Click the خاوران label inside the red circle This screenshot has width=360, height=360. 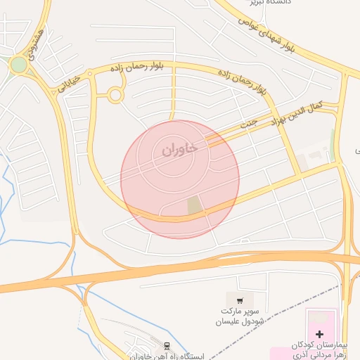[x=179, y=149]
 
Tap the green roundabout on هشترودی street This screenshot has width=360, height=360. [x=18, y=65]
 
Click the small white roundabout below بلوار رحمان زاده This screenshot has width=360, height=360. [x=115, y=95]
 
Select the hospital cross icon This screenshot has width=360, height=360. [x=319, y=333]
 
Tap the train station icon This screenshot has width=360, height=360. [x=167, y=346]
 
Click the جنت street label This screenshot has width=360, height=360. [x=248, y=122]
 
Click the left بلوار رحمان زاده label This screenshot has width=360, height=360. [x=138, y=67]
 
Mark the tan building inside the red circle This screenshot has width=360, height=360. [x=194, y=206]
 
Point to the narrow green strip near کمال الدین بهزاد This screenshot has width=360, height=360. [x=333, y=139]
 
